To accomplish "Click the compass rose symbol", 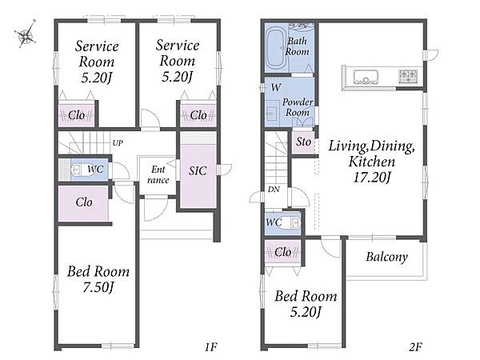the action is pos(26,34).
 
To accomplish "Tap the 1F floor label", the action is pos(210,347).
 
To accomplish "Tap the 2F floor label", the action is pos(416,347).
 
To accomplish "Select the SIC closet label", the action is pos(198,171).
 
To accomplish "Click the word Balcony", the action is pos(386,257).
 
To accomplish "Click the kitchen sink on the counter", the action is pos(366,77).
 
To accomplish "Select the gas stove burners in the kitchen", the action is pos(408,76).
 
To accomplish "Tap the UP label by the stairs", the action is pos(118,143).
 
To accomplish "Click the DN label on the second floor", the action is pos(274,190).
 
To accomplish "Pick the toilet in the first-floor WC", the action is pos(78,170).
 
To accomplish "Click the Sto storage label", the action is pos(304,142).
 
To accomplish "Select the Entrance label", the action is pos(158,174).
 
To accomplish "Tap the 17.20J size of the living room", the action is pos(372,178).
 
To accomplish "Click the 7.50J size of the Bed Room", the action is pos(98,287).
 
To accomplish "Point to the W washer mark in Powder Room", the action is pos(276,87).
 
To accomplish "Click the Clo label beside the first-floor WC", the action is pos(84,202).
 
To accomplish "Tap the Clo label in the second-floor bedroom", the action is pos(282,252).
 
